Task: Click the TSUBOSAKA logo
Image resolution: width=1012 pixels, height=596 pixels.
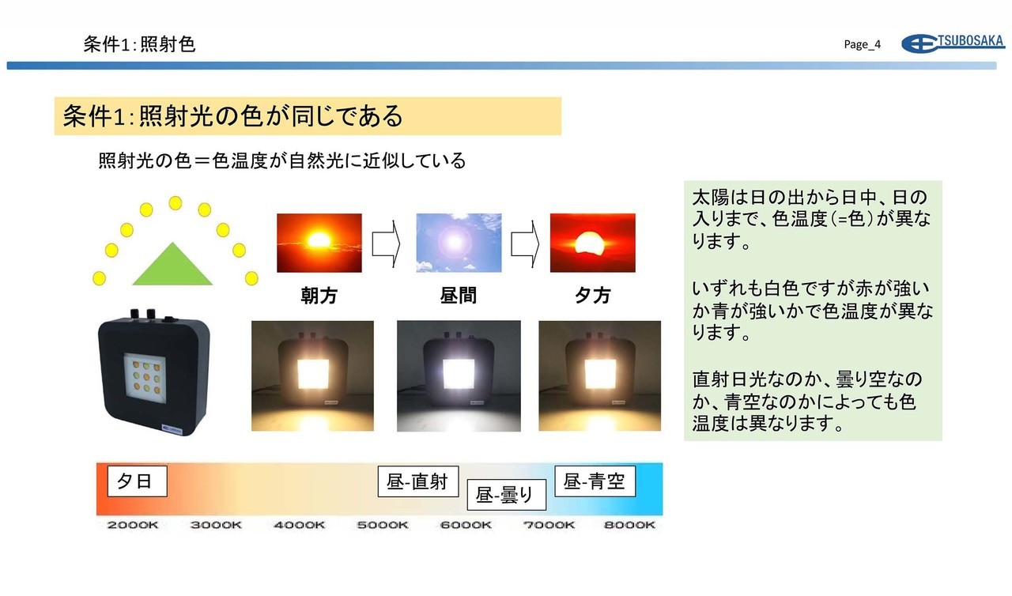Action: click(953, 43)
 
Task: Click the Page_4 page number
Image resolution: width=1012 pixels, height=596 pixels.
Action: click(862, 44)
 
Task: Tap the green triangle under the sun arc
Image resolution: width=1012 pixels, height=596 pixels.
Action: click(172, 264)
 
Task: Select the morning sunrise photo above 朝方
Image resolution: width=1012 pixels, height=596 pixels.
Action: click(319, 243)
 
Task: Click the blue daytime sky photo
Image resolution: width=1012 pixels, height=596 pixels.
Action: click(459, 243)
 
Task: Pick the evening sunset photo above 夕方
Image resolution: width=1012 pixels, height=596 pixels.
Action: click(593, 243)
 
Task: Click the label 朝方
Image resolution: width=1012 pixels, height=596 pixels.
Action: click(319, 296)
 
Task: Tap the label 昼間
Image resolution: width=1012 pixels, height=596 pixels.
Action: click(458, 296)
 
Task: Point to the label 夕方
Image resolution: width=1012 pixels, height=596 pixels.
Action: click(593, 296)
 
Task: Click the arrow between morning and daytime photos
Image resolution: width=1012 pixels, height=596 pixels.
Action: click(386, 243)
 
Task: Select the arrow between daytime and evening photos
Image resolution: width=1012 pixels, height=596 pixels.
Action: click(525, 243)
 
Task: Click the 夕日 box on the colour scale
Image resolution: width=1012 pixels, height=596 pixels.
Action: click(138, 481)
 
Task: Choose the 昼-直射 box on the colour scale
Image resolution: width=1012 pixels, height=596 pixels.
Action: click(418, 481)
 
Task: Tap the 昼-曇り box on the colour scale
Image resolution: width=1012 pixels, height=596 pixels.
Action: click(507, 495)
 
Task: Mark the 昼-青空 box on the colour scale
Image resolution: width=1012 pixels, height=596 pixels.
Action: click(595, 481)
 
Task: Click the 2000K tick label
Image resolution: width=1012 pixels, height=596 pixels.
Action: click(132, 525)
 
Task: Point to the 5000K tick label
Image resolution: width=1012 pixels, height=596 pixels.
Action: click(382, 525)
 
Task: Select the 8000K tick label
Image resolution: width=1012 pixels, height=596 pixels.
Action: click(629, 525)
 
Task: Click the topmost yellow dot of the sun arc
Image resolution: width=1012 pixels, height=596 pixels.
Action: click(176, 203)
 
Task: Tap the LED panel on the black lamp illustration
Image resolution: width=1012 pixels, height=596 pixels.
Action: click(145, 375)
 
